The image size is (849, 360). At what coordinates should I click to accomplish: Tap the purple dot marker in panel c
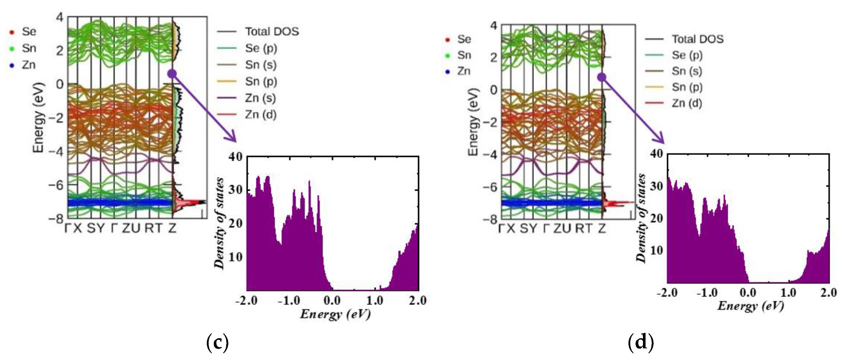(x=172, y=74)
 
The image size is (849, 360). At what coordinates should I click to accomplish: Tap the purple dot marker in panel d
(x=602, y=77)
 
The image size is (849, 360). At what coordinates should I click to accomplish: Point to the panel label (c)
(x=217, y=343)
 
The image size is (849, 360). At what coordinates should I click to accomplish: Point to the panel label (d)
(x=641, y=342)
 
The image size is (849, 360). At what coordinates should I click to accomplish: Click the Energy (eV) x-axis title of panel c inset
(x=335, y=314)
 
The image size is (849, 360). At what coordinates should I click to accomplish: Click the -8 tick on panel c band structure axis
(x=56, y=218)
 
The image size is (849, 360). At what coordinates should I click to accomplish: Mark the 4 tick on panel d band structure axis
(x=493, y=25)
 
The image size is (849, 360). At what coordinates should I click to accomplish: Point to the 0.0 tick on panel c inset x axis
(x=332, y=300)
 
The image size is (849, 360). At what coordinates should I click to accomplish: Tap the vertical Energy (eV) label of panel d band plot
(x=473, y=122)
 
